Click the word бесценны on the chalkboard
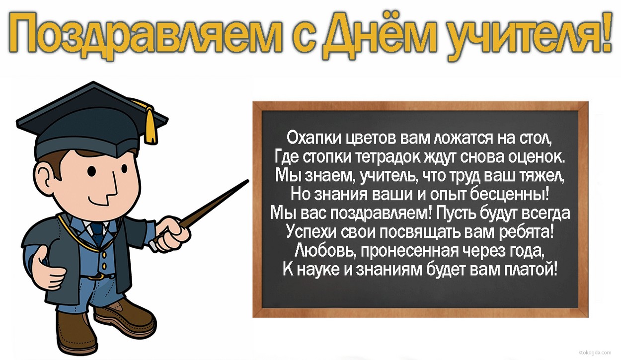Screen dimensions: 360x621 click(512, 193)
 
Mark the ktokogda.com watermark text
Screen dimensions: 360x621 click(598, 351)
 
